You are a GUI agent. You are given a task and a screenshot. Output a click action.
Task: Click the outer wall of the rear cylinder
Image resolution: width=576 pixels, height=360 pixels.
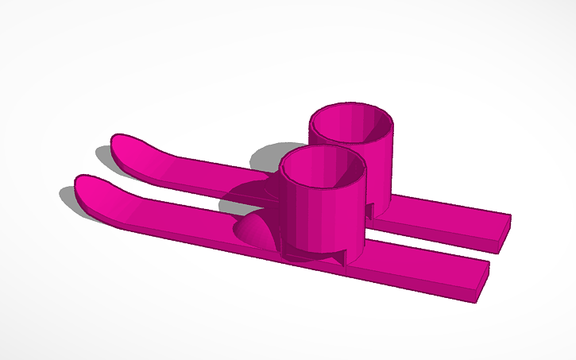(380, 171)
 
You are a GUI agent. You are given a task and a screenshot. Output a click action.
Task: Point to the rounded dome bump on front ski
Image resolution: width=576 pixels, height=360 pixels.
(254, 230)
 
